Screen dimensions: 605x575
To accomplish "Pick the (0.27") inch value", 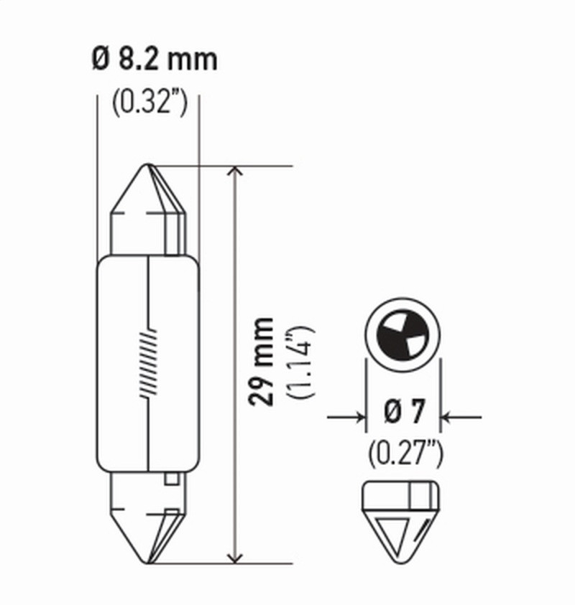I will click(x=405, y=454).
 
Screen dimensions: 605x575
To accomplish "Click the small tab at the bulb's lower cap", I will click(x=172, y=479).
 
